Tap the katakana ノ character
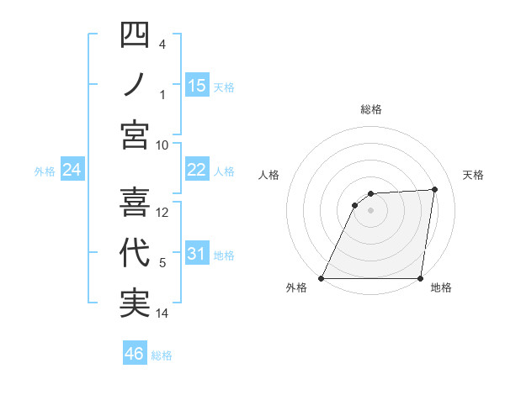pos(135,86)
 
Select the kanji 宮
pos(135,134)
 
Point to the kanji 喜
pos(135,203)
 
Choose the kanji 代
pos(135,253)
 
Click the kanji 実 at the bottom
pos(135,303)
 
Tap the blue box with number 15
pos(197,85)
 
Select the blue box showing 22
pos(197,170)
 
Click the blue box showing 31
pos(197,254)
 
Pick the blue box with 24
pos(72,171)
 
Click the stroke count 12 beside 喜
pos(163,213)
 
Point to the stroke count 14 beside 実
pos(163,313)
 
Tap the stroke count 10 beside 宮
pos(163,145)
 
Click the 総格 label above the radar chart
pos(370,109)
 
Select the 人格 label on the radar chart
pos(268,175)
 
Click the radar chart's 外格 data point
pos(322,278)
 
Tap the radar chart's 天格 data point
pos(434,189)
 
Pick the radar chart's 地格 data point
pos(420,278)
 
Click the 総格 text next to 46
pos(162,355)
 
